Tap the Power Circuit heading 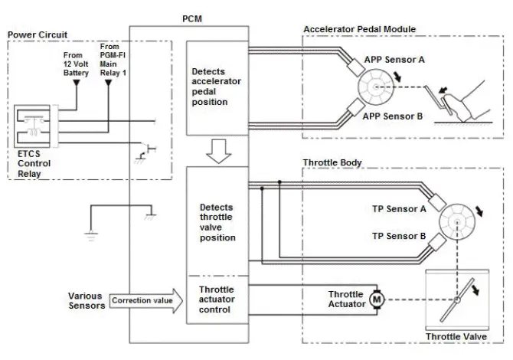pyautogui.click(x=36, y=35)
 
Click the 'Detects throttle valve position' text pyautogui.click(x=217, y=222)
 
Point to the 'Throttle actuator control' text pyautogui.click(x=217, y=299)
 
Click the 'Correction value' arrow pyautogui.click(x=145, y=300)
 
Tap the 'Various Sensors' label pyautogui.click(x=85, y=300)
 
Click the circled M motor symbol pyautogui.click(x=375, y=299)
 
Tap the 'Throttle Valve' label pyautogui.click(x=456, y=335)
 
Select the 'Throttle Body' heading pyautogui.click(x=332, y=163)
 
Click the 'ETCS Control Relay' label pyautogui.click(x=34, y=163)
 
